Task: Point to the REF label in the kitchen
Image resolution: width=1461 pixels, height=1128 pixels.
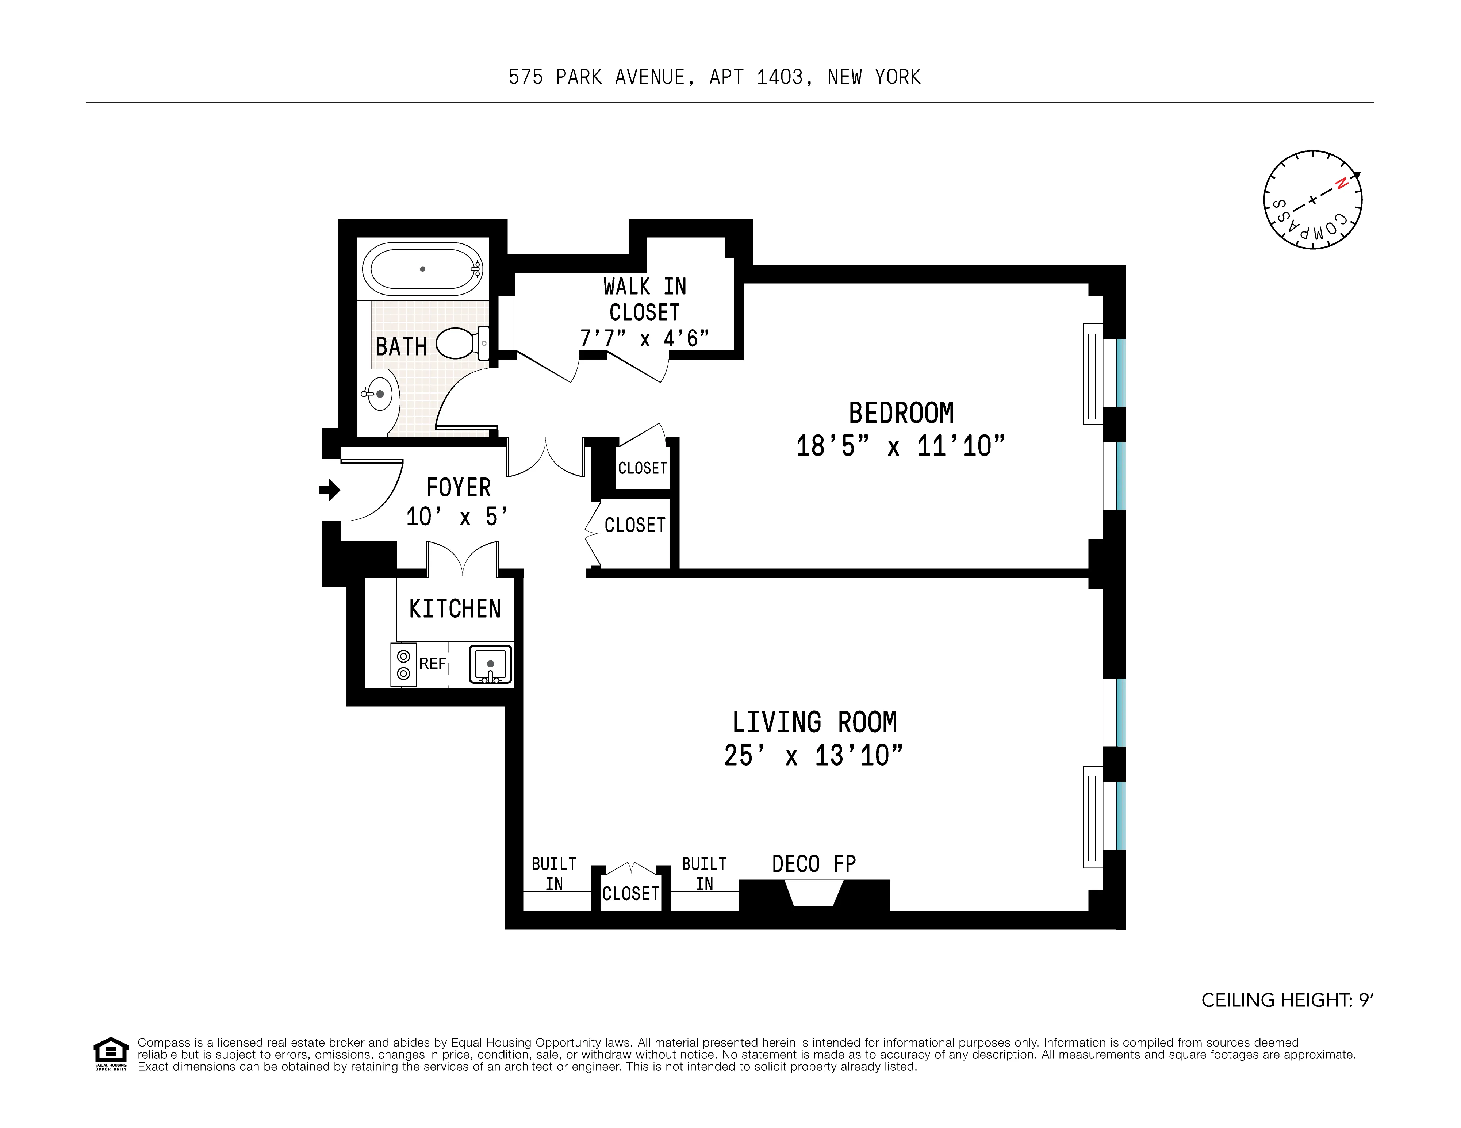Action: click(432, 664)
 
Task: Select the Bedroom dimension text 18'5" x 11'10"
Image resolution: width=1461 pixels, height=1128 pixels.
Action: click(900, 446)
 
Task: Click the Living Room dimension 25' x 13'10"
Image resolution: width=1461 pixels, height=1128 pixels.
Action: click(813, 755)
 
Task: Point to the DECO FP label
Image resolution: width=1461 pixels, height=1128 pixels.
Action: click(813, 864)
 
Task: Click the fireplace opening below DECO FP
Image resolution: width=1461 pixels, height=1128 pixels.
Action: click(813, 894)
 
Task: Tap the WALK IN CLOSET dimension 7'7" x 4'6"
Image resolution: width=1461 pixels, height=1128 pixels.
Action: click(644, 338)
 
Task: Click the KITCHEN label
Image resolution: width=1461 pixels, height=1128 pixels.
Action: click(455, 609)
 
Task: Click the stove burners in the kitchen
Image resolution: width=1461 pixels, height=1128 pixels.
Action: click(403, 665)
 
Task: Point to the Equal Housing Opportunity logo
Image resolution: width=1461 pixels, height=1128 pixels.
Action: click(110, 1054)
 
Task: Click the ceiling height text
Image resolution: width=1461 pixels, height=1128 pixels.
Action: click(1287, 1000)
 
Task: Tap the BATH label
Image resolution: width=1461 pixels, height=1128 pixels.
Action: click(401, 346)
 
